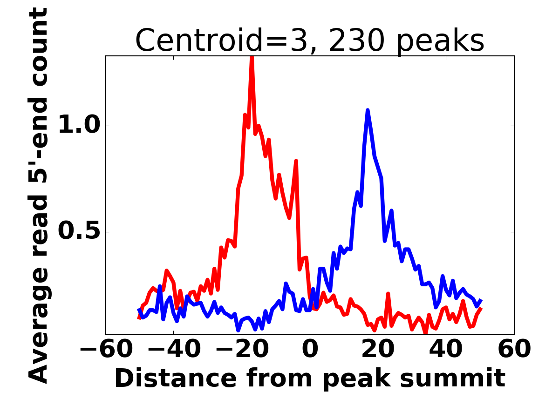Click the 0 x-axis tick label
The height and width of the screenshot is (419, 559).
(x=310, y=349)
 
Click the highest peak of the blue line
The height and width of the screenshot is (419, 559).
(x=368, y=110)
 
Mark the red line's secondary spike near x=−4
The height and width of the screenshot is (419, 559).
(x=296, y=161)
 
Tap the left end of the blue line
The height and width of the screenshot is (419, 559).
(x=139, y=309)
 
